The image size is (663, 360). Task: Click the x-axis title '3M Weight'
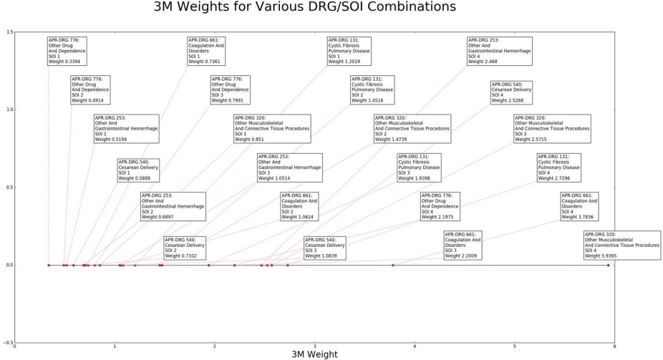314,354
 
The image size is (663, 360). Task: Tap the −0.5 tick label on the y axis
7,342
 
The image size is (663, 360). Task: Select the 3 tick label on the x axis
315,347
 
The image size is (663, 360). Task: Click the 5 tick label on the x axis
515,347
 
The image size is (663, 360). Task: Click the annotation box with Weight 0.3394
67,51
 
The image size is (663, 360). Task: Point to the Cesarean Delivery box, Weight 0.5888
138,170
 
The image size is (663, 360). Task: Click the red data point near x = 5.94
609,265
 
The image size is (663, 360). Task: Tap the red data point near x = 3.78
393,265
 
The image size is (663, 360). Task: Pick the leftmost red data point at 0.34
49,265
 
